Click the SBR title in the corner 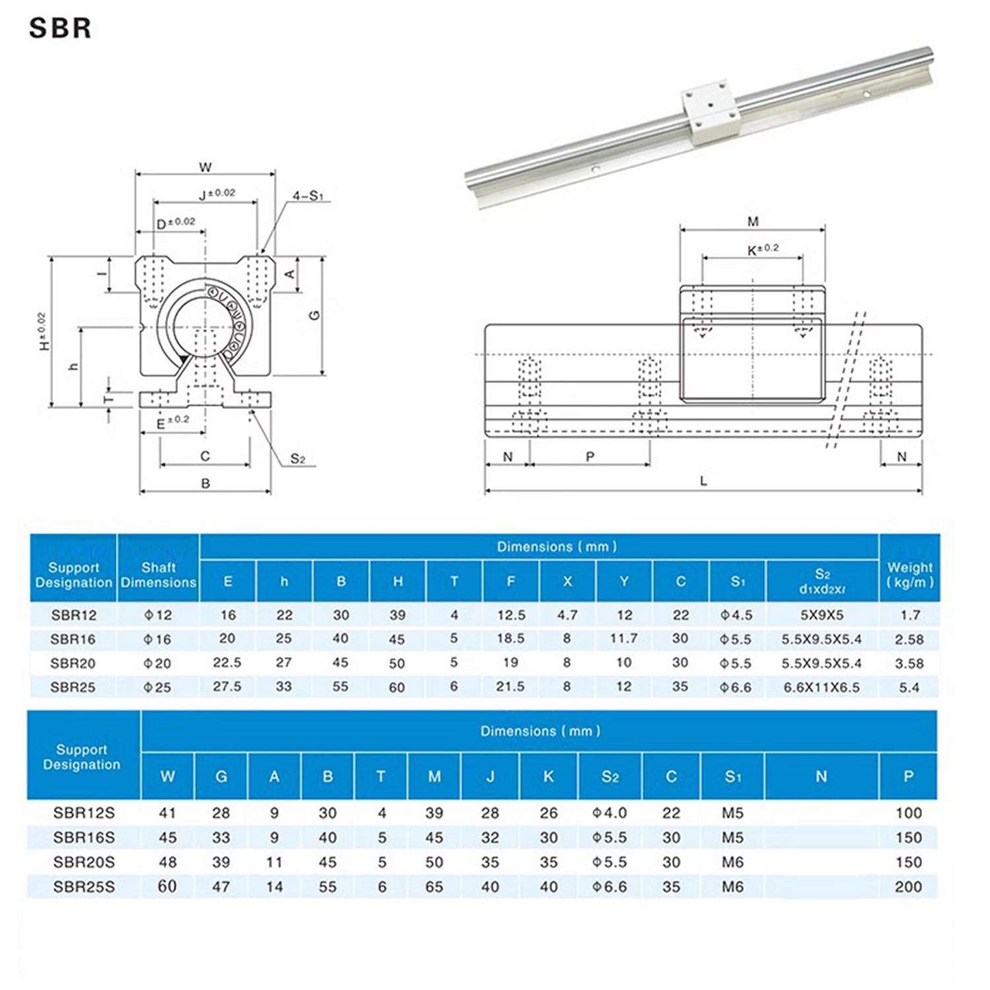(x=60, y=28)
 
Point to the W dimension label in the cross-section (x=205, y=167)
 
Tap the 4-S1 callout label (x=308, y=197)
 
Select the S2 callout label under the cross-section (x=297, y=459)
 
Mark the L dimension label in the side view (x=703, y=482)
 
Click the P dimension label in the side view (x=590, y=457)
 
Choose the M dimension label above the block (x=752, y=221)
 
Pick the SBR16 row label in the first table (x=73, y=639)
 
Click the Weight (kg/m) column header (x=909, y=575)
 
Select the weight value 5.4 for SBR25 (x=909, y=687)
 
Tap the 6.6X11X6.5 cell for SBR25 (x=821, y=687)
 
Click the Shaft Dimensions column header (x=158, y=575)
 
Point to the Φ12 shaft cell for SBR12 (x=158, y=615)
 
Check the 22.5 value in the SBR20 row (x=227, y=663)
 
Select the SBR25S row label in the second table (x=84, y=887)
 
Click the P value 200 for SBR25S (x=908, y=887)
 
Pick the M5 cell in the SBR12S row (x=732, y=813)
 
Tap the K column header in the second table (x=548, y=776)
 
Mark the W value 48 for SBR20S (x=167, y=862)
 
